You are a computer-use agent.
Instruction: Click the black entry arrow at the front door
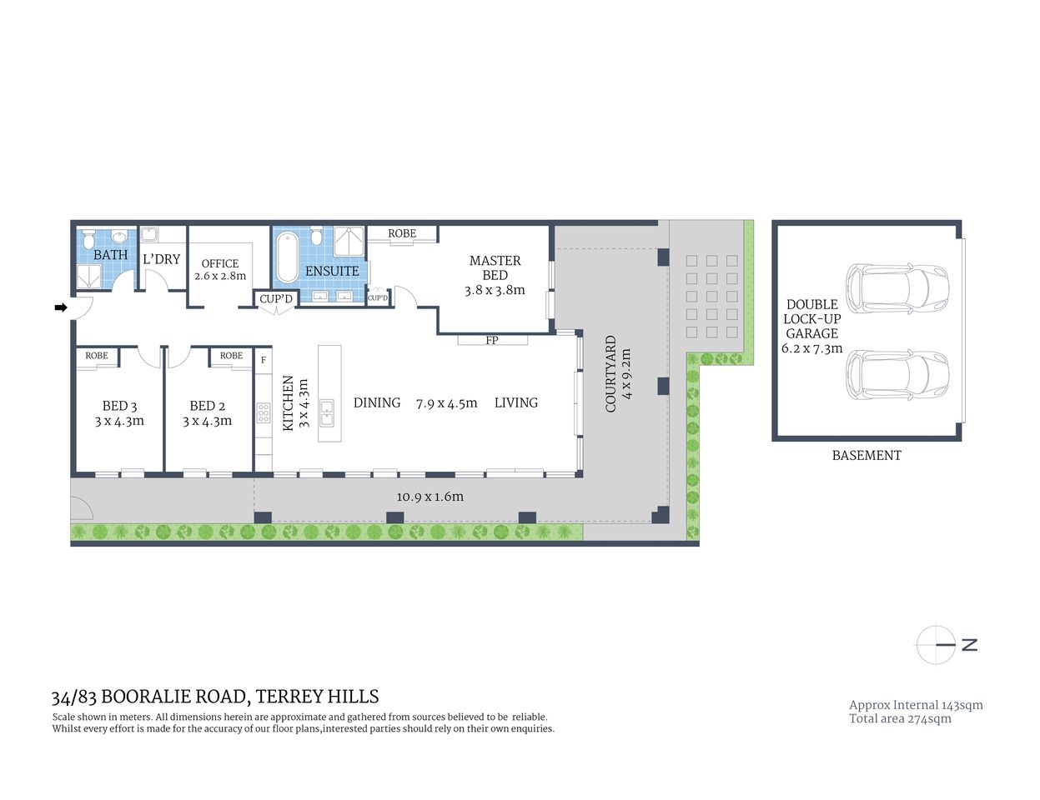point(61,307)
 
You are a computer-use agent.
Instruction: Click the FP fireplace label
point(492,340)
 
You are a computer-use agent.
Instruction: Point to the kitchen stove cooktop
point(264,413)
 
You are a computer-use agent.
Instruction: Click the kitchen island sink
point(327,412)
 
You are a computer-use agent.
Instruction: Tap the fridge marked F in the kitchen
point(264,360)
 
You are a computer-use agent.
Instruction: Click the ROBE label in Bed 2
point(231,356)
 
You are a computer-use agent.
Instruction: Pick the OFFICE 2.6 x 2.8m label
point(220,269)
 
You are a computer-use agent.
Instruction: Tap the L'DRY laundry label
point(161,259)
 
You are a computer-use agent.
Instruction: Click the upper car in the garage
point(897,287)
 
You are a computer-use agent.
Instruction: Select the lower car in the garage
point(897,375)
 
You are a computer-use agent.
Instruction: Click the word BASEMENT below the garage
point(867,455)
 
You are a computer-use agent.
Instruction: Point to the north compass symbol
point(936,644)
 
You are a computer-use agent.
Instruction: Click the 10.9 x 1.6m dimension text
point(430,497)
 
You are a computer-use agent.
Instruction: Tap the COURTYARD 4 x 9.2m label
point(618,373)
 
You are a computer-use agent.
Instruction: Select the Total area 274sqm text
point(900,718)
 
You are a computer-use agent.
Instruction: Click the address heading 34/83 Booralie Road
point(215,697)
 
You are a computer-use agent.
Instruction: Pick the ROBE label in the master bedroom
point(402,234)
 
